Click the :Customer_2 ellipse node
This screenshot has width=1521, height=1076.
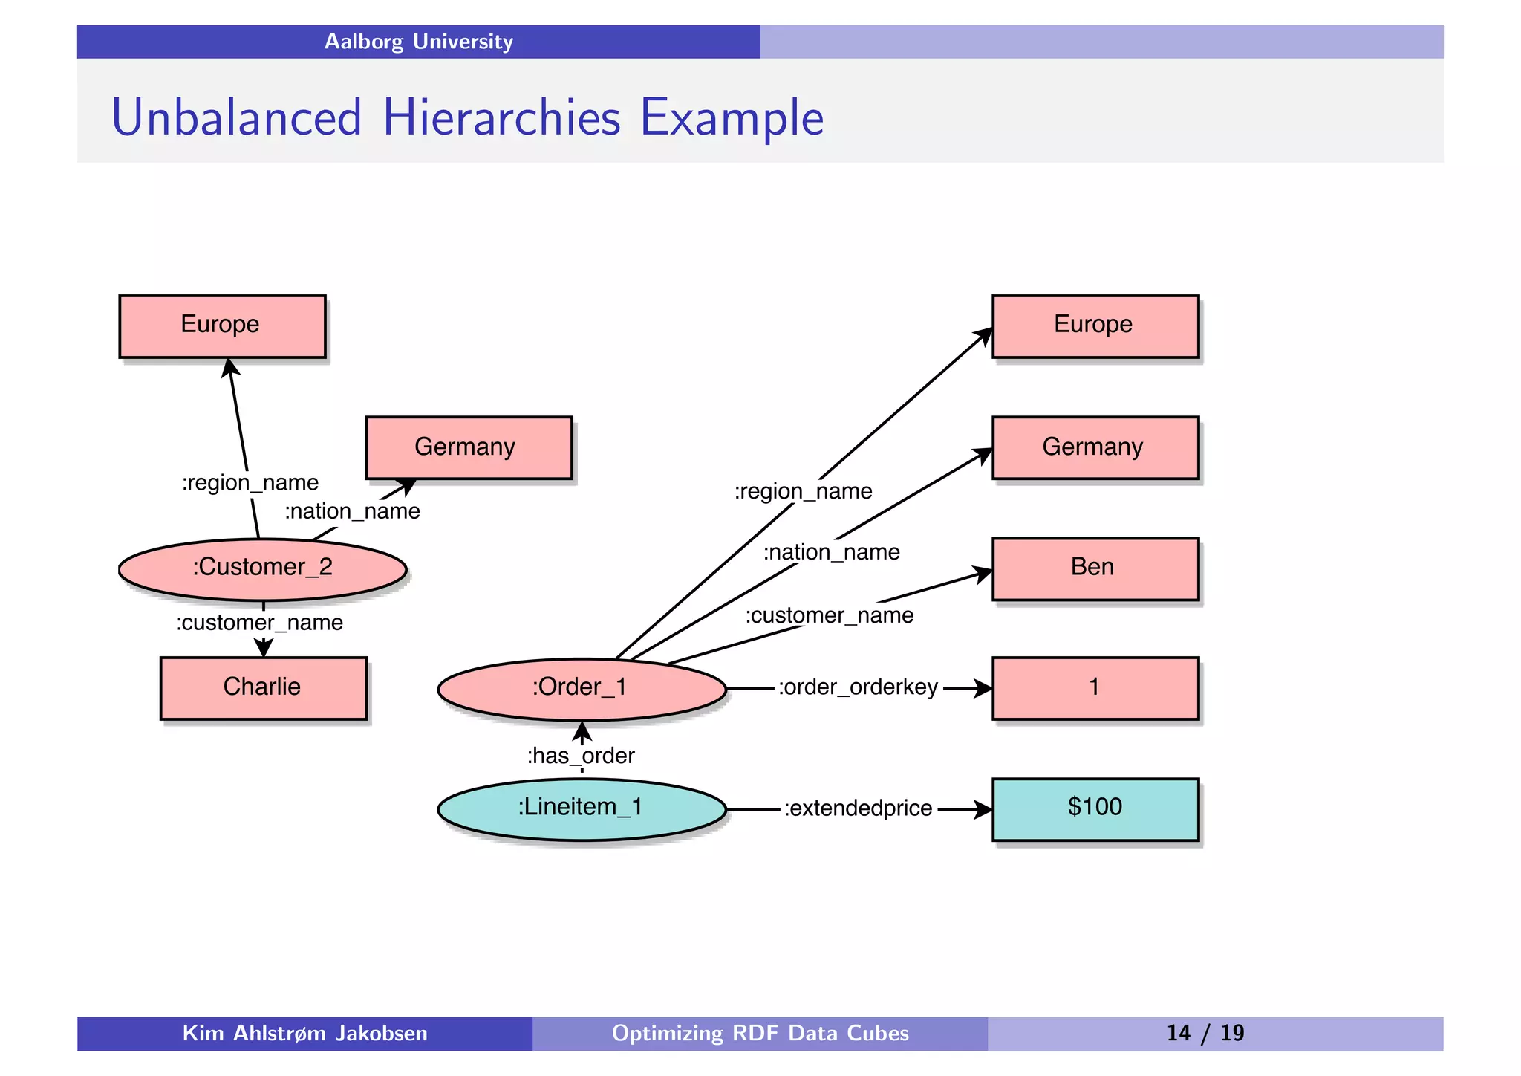pyautogui.click(x=262, y=568)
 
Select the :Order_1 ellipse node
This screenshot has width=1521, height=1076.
pyautogui.click(x=582, y=688)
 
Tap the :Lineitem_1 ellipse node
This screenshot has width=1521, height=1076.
pyautogui.click(x=582, y=808)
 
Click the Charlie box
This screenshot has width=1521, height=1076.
pyautogui.click(x=263, y=687)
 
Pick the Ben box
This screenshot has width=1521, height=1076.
pyautogui.click(x=1095, y=568)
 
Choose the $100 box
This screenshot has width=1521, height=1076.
pyautogui.click(x=1095, y=808)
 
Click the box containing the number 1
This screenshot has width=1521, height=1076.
pyautogui.click(x=1095, y=687)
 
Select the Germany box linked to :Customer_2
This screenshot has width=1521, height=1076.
pyautogui.click(x=469, y=447)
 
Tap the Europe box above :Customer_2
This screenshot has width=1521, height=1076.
pyautogui.click(x=222, y=325)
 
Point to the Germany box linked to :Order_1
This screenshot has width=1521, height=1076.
pyautogui.click(x=1095, y=447)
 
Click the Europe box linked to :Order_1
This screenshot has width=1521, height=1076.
pyautogui.click(x=1095, y=325)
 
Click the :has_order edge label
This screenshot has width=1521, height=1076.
pyautogui.click(x=581, y=756)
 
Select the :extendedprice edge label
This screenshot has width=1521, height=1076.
pyautogui.click(x=859, y=808)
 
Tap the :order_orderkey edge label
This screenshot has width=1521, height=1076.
pyautogui.click(x=859, y=687)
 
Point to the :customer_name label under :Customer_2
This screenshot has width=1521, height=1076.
pyautogui.click(x=260, y=623)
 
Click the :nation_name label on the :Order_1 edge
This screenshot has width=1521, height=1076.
pyautogui.click(x=832, y=552)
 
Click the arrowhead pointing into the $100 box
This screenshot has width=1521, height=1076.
pyautogui.click(x=983, y=809)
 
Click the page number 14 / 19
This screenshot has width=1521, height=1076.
pyautogui.click(x=1205, y=1033)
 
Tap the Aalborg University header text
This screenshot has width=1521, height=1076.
pyautogui.click(x=419, y=42)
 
